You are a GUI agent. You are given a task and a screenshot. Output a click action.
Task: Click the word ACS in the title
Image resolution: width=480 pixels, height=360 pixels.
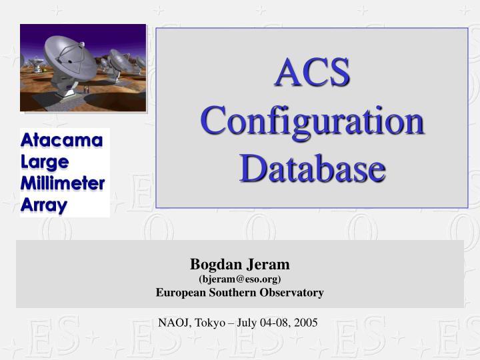click(x=312, y=73)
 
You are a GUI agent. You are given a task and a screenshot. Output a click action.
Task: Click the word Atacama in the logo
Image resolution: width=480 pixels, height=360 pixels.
click(x=62, y=141)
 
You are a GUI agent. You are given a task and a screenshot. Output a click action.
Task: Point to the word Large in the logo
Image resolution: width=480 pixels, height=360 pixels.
click(x=45, y=161)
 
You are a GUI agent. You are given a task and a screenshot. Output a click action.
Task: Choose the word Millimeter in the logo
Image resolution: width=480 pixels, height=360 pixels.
click(x=63, y=183)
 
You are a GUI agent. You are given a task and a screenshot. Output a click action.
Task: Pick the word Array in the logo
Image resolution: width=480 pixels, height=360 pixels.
click(x=44, y=205)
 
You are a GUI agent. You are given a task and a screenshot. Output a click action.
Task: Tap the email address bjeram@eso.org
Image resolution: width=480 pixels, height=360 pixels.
click(x=240, y=279)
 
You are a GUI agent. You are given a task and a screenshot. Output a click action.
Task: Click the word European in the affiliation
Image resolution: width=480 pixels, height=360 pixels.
click(x=182, y=292)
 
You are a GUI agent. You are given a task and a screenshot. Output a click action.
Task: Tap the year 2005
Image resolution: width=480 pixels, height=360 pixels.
click(x=306, y=323)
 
